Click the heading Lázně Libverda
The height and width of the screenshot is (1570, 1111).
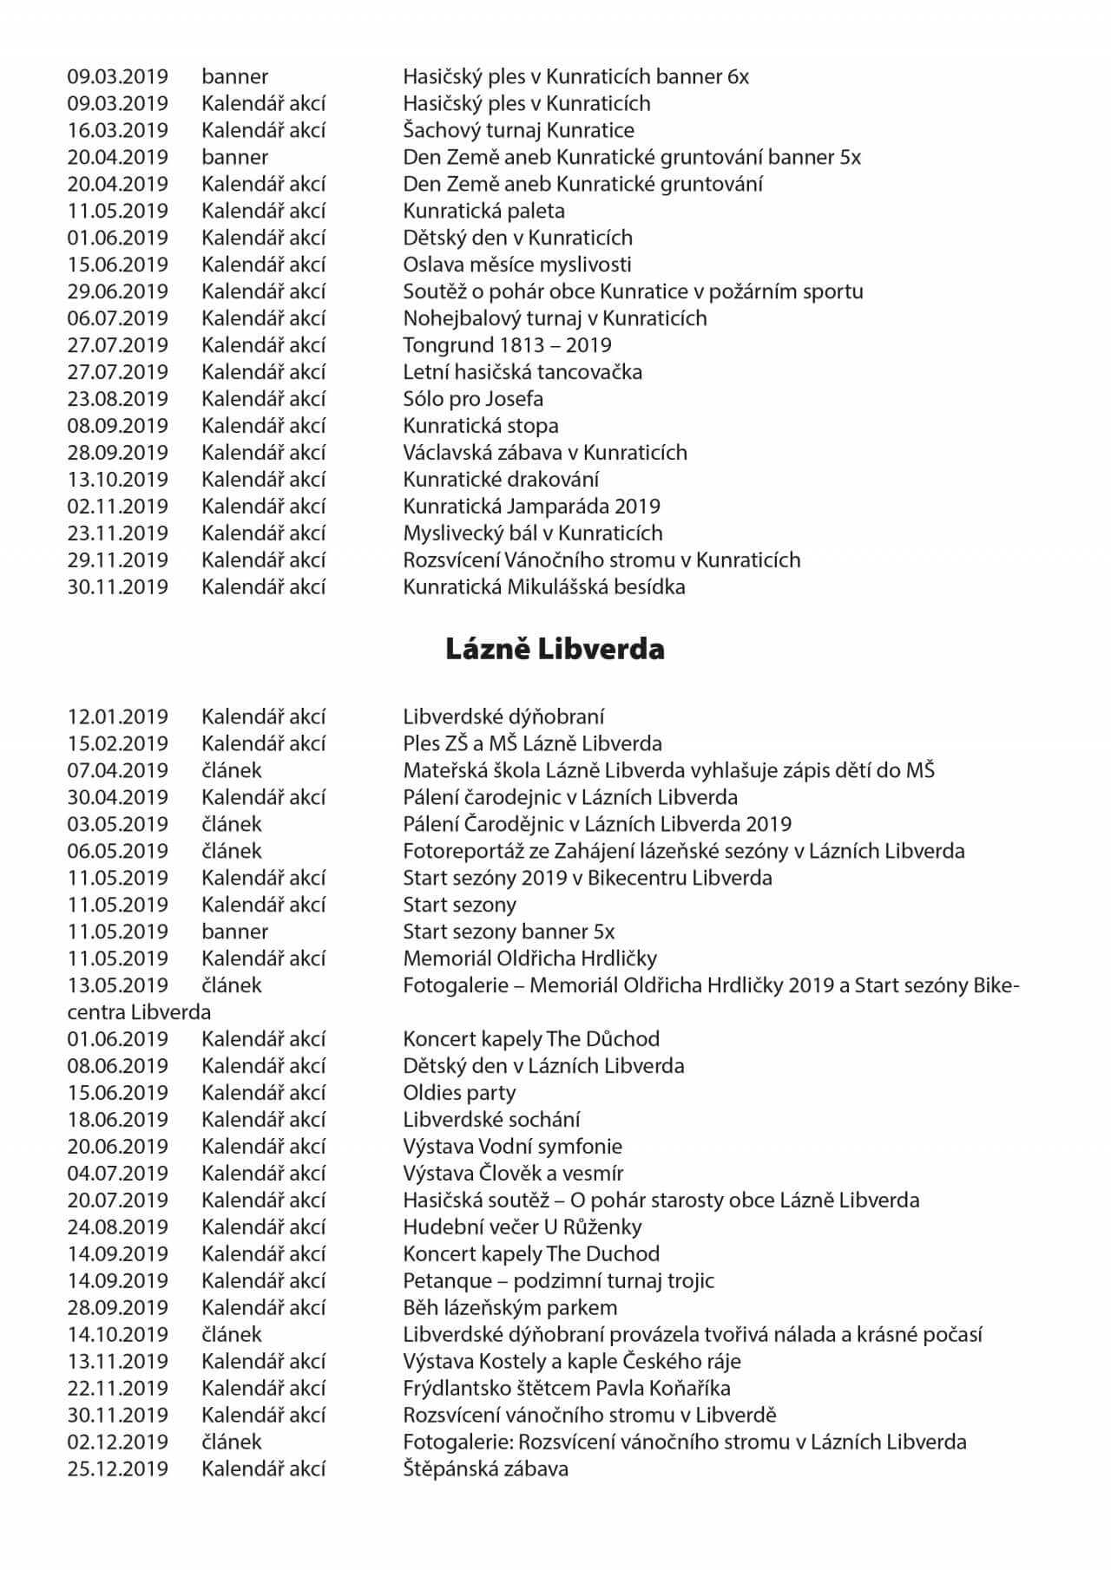coord(555,650)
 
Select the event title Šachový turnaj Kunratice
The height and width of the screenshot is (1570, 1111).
coord(518,130)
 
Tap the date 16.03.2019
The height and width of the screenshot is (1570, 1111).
coord(118,130)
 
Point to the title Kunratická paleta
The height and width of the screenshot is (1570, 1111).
coord(483,211)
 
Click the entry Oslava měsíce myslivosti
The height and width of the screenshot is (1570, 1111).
coord(516,265)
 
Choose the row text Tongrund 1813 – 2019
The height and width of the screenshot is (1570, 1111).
coord(507,345)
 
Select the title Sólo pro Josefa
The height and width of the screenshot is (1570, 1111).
coord(473,399)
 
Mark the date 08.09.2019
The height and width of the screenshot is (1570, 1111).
coord(118,426)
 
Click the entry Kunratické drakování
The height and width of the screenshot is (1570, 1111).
coord(501,480)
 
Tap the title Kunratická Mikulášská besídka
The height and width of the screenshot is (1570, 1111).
coord(543,587)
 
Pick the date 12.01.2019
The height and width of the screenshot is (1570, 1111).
coord(118,716)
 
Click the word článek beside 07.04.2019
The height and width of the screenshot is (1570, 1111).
coord(232,770)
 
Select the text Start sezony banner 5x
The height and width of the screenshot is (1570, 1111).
coord(509,932)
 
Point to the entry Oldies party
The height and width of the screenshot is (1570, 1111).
coord(459,1093)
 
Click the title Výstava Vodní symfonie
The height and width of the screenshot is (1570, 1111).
coord(512,1147)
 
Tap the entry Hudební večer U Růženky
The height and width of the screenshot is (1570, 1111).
coord(522,1227)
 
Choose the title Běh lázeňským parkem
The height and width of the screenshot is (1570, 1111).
coord(509,1308)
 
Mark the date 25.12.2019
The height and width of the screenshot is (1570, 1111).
coord(118,1469)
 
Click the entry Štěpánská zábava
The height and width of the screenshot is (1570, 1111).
coord(485,1469)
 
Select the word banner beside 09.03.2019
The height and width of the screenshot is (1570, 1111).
coord(235,76)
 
